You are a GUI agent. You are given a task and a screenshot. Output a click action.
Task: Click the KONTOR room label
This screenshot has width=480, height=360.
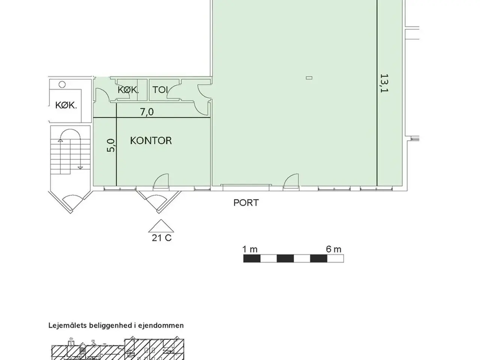(151, 141)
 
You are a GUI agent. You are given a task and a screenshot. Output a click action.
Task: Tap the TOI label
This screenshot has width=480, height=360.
(160, 90)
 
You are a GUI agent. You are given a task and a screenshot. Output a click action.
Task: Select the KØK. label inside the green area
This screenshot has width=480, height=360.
(128, 90)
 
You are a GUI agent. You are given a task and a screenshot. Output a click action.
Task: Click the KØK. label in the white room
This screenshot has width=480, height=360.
(66, 105)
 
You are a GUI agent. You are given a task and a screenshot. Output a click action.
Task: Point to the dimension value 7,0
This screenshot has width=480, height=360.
(147, 112)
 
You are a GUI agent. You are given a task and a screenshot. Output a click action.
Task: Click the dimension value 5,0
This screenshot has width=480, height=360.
(111, 145)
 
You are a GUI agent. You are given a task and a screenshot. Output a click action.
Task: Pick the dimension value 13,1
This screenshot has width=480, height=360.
(384, 83)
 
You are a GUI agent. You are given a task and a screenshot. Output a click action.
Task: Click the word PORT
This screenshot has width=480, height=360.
(246, 203)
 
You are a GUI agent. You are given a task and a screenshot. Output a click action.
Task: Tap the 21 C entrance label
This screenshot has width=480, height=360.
(162, 238)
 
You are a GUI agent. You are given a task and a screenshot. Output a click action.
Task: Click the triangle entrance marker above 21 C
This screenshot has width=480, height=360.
(161, 226)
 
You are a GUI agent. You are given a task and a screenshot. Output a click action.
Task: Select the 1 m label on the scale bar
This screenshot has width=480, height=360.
(250, 249)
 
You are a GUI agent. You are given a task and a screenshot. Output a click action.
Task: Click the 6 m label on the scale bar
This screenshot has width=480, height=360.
(333, 249)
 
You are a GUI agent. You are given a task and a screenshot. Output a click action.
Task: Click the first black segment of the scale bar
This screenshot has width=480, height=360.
(252, 258)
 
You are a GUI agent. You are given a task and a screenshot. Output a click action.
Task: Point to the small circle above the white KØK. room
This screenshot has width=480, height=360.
(62, 84)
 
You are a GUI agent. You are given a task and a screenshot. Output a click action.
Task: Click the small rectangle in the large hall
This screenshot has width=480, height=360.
(309, 78)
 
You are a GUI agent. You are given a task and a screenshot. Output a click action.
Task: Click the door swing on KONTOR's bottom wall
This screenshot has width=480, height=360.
(161, 181)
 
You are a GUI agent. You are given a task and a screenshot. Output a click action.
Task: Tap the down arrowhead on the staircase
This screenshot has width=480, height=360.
(81, 168)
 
